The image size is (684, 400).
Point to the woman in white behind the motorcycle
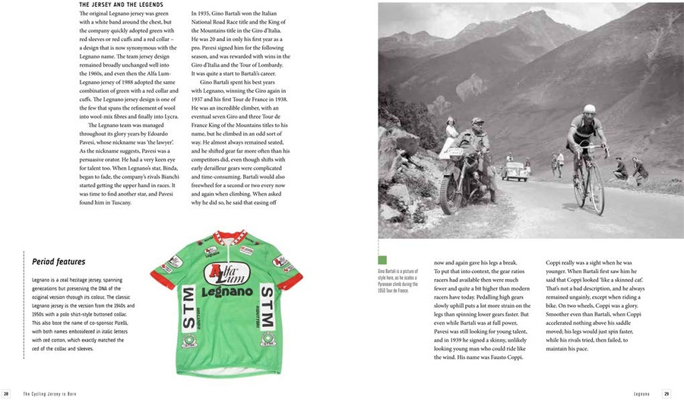pyautogui.click(x=451, y=136)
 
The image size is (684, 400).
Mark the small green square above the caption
pyautogui.click(x=383, y=260)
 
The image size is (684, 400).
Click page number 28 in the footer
pyautogui.click(x=7, y=393)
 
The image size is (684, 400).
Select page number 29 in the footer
pyautogui.click(x=667, y=393)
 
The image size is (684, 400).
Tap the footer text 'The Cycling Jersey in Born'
pyautogui.click(x=50, y=393)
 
